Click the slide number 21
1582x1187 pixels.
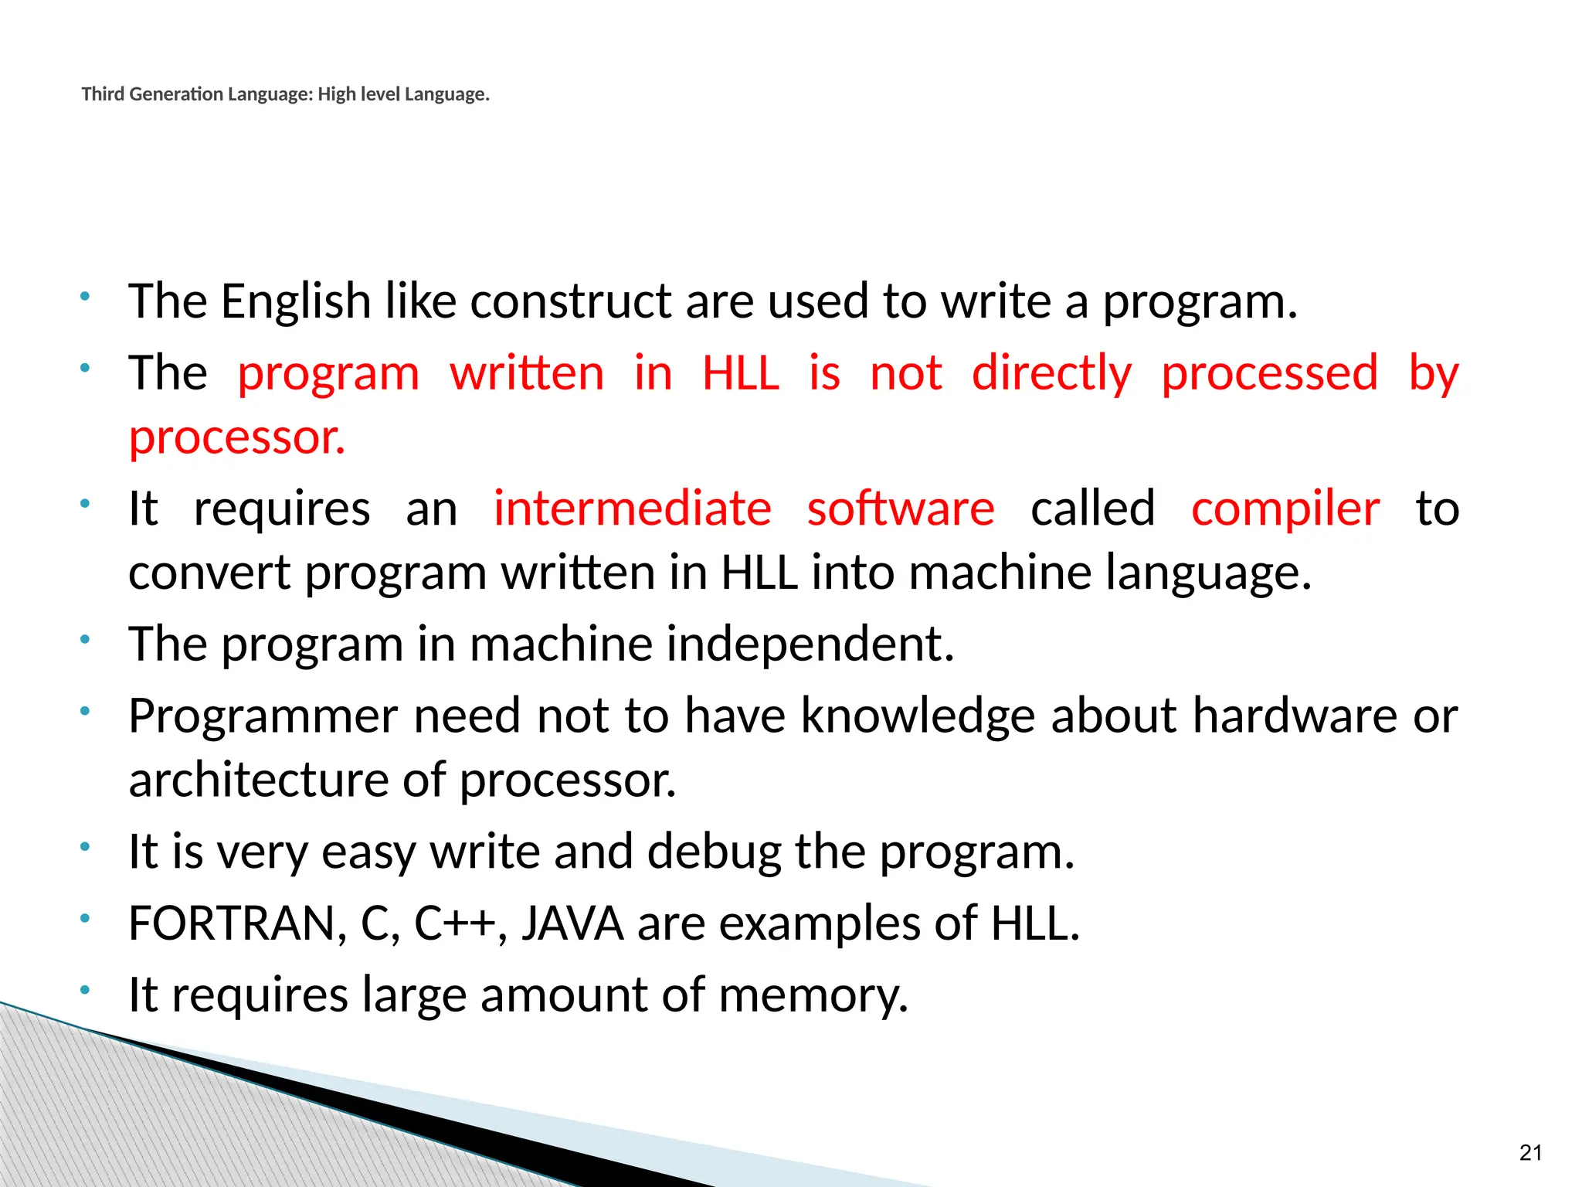[1530, 1152]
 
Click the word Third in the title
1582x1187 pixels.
[102, 94]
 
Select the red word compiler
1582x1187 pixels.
[1285, 509]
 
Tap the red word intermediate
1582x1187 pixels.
[632, 509]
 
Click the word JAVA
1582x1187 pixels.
[572, 923]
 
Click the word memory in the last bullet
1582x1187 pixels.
[813, 995]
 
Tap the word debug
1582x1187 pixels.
[714, 852]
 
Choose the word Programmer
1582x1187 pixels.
[263, 716]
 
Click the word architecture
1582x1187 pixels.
[258, 780]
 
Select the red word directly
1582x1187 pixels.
[1051, 373]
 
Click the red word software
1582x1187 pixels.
[901, 509]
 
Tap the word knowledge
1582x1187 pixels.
[918, 716]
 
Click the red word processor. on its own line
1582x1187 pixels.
[236, 438]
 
